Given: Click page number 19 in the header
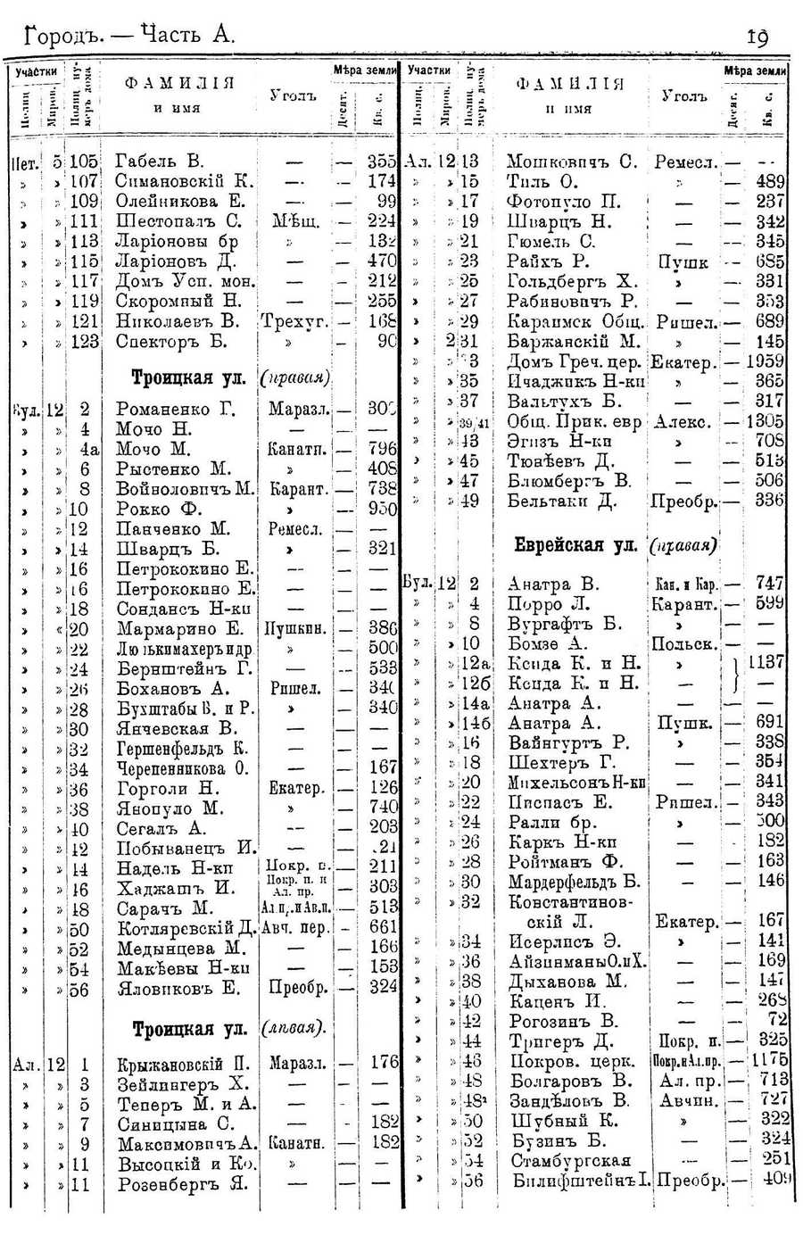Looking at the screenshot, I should [x=757, y=36].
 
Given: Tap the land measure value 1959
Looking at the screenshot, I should [x=766, y=361].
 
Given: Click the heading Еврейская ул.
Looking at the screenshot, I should [x=572, y=544].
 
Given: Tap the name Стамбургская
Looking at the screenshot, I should [x=570, y=1160].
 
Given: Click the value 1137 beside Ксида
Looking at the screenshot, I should [x=766, y=663].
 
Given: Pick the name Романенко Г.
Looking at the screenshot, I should [x=170, y=410].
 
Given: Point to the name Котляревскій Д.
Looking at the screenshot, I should [x=186, y=928].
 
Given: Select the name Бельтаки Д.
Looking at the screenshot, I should [x=562, y=501].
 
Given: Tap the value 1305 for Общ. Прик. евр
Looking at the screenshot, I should [x=766, y=421].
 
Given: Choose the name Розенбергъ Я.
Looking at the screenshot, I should [x=182, y=1184].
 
